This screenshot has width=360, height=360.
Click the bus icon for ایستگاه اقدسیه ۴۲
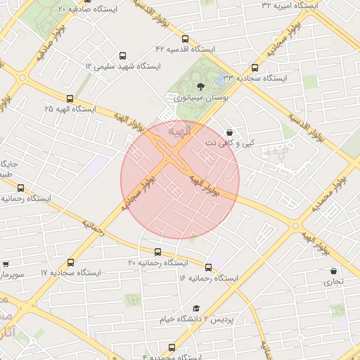tap(185, 39)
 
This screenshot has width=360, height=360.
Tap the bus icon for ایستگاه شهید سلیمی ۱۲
tap(123, 56)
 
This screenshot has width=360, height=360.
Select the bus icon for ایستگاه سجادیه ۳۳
tap(255, 68)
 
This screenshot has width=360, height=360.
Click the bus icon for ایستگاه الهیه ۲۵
tap(70, 99)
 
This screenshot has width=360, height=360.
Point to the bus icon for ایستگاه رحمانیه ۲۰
tap(157, 252)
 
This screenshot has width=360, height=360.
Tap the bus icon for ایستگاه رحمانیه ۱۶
tap(208, 267)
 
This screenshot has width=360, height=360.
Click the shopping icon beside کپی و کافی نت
tap(229, 132)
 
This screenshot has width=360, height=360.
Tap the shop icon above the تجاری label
tap(333, 271)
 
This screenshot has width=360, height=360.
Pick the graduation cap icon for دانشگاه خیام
tap(196, 309)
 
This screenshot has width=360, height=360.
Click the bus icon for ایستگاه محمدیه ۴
tap(172, 347)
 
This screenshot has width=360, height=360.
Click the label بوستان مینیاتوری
tap(201, 98)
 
